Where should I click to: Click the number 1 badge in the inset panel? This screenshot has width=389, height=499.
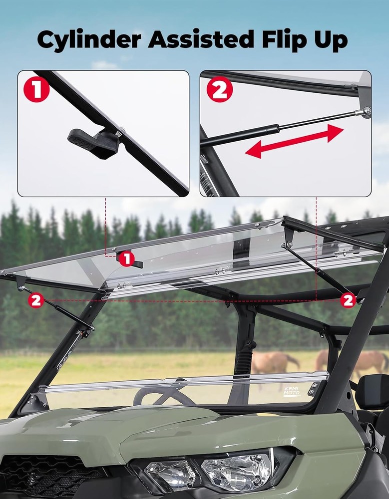pyautogui.click(x=36, y=90)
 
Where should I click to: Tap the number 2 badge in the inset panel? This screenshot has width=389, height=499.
pyautogui.click(x=220, y=90)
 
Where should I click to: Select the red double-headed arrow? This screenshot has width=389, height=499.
pyautogui.click(x=295, y=141)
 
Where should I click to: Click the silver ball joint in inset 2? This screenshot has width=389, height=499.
pyautogui.click(x=366, y=111)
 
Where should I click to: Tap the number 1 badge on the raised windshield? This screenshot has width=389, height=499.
pyautogui.click(x=127, y=258)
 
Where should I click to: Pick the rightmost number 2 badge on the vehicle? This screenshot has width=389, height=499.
pyautogui.click(x=348, y=300)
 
